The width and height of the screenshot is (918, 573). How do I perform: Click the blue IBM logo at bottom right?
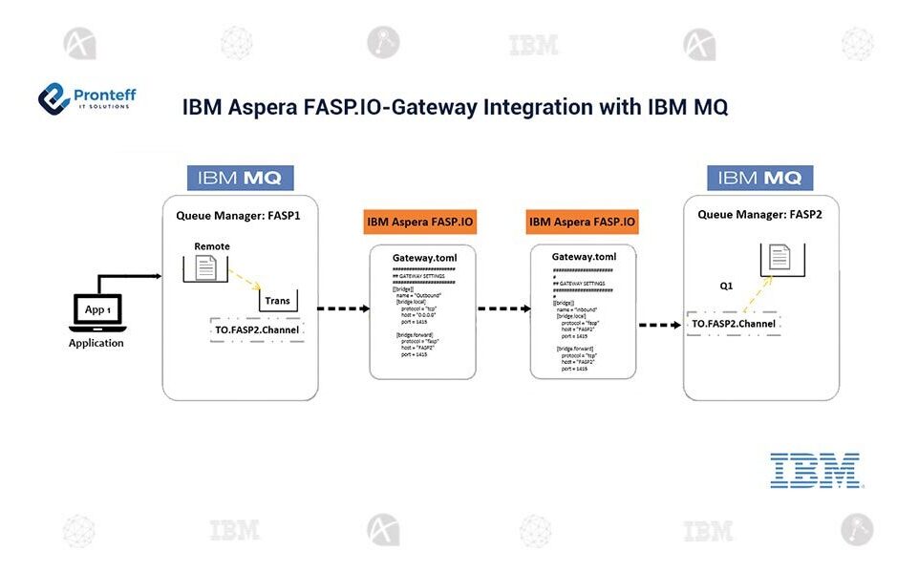point(814,470)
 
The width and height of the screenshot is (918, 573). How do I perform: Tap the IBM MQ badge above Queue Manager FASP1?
point(240,178)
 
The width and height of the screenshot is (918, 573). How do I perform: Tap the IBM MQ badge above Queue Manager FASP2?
point(759,178)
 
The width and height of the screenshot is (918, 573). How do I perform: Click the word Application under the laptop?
point(96,343)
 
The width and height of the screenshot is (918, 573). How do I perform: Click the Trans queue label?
point(278,301)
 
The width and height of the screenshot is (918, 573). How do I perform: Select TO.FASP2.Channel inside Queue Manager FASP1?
point(257,329)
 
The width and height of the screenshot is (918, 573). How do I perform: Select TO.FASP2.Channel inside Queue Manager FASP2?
point(733,324)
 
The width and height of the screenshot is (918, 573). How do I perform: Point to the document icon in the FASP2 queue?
point(782,257)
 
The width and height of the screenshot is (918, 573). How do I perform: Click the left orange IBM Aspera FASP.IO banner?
point(421,223)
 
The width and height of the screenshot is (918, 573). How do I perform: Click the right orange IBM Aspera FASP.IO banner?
point(582,223)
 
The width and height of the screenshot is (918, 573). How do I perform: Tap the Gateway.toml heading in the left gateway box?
point(421,258)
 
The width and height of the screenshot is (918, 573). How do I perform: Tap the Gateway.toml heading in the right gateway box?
point(584,257)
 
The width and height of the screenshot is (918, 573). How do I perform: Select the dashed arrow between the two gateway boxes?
point(504,308)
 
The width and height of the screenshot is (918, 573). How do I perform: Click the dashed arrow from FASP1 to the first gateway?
point(344,308)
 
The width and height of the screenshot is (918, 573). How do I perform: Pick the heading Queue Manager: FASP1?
point(238,215)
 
